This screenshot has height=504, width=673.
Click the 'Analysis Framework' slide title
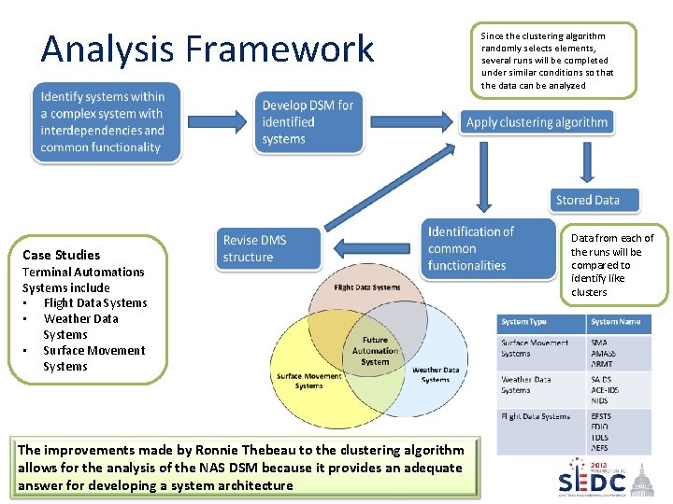pos(207,49)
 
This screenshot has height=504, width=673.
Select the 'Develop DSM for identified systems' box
pos(308,122)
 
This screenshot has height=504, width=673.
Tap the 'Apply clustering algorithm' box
pos(537,122)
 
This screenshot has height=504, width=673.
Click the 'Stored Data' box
pos(594,200)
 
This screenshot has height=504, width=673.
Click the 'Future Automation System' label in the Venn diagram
pos(374,351)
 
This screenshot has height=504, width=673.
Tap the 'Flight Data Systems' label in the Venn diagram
pos(366,287)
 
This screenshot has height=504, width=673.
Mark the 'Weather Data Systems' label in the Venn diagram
pos(436,374)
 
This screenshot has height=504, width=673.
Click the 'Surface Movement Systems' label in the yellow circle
pos(308,381)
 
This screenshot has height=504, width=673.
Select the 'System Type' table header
pos(524,322)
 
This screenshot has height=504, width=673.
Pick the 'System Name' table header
pos(616,322)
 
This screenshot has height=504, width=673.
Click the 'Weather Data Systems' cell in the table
pos(527,385)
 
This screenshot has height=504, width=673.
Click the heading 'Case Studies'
pos(61,255)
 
